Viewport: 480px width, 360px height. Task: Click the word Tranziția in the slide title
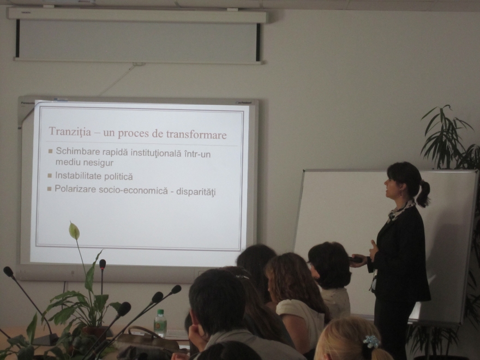(70, 131)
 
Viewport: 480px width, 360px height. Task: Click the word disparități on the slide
(196, 192)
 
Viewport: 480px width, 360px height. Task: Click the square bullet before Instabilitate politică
(50, 176)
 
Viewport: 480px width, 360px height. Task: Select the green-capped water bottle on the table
(160, 323)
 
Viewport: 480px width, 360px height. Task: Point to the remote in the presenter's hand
(356, 259)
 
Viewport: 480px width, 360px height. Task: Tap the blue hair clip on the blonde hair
(371, 341)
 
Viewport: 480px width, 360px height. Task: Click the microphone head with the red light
(103, 264)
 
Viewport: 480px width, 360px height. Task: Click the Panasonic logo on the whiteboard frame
(27, 103)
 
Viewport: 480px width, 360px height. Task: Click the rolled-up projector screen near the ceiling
(137, 36)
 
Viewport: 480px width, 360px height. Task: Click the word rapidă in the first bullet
(111, 152)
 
